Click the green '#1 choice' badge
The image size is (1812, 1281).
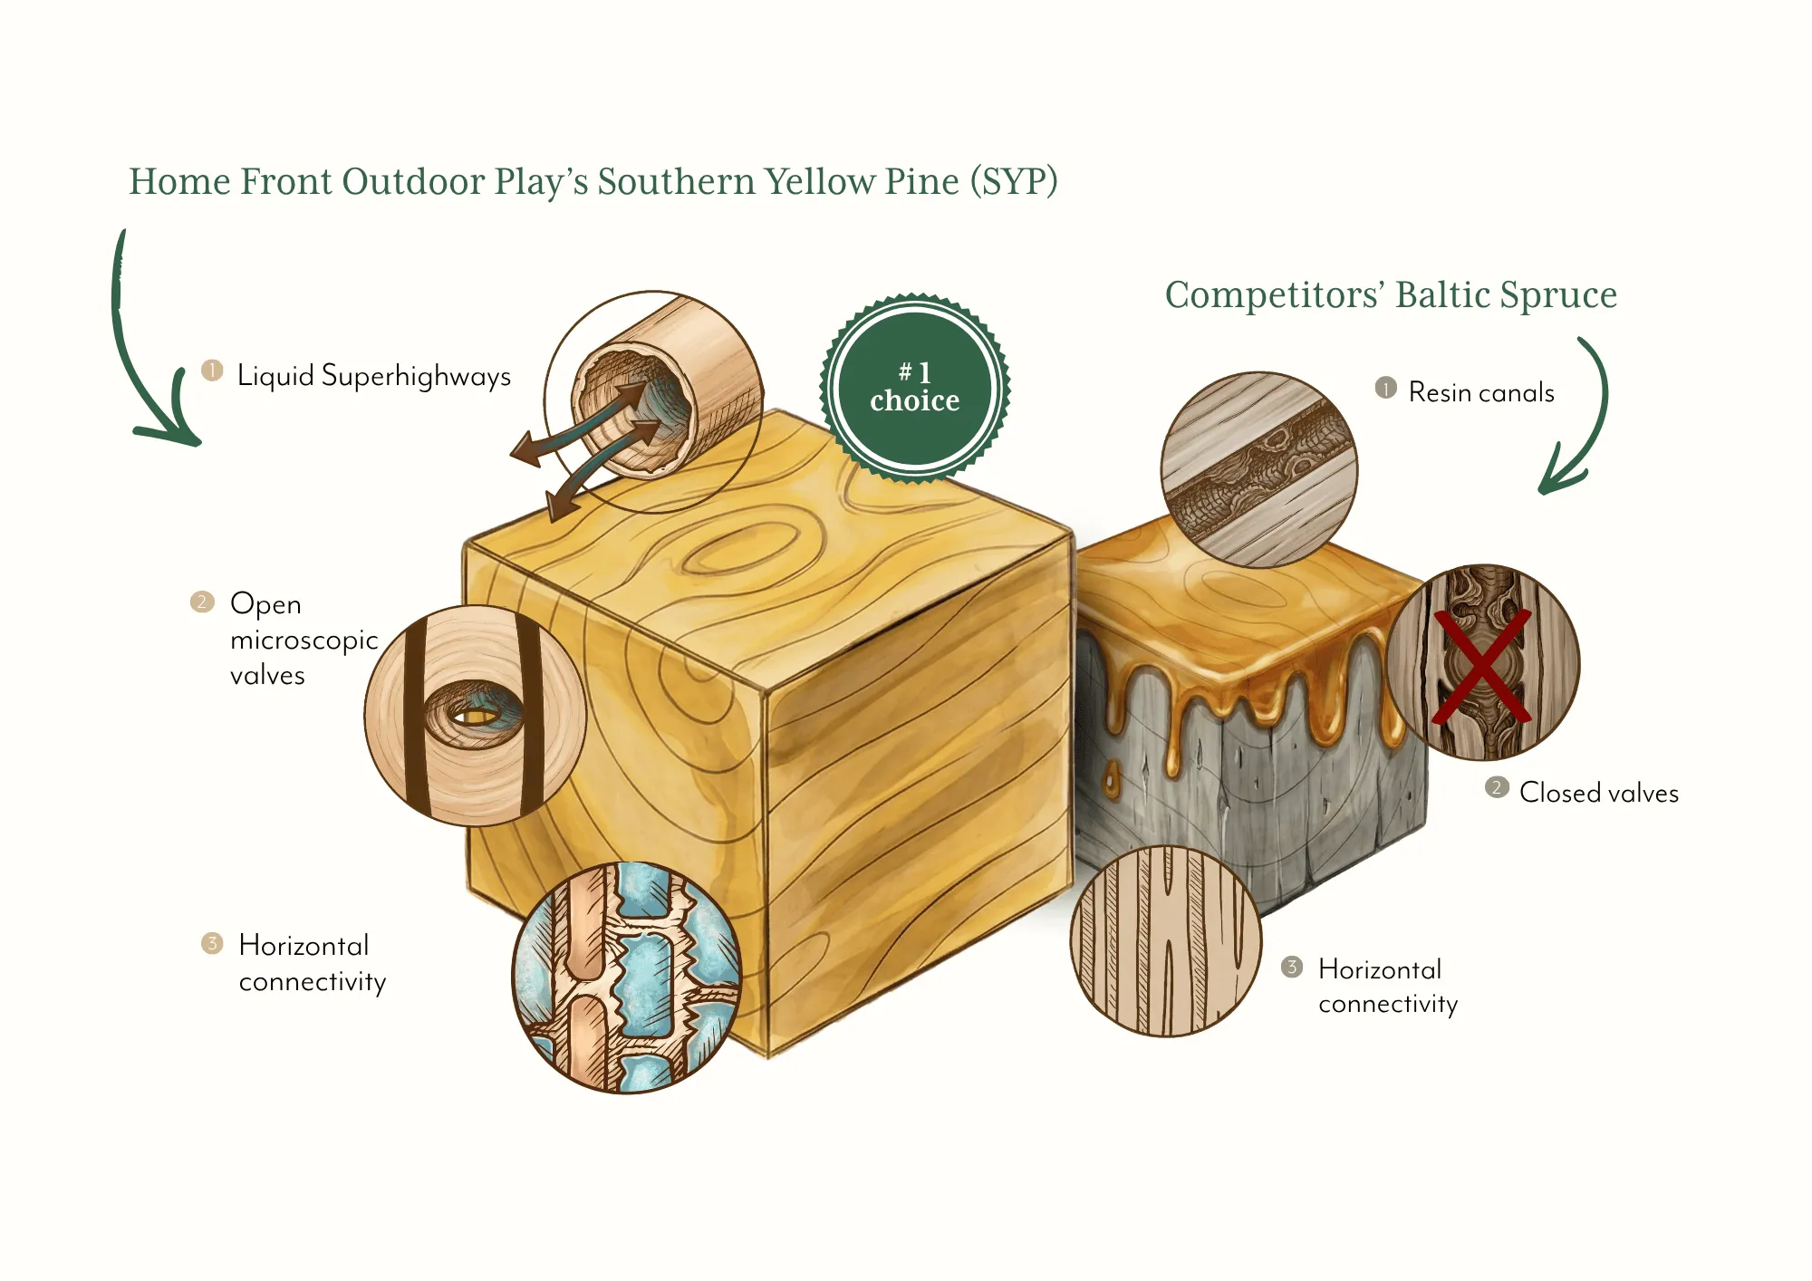[914, 388]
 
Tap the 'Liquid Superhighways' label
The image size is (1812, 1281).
[373, 376]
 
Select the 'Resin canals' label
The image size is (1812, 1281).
[1481, 392]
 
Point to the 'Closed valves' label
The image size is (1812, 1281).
[1598, 793]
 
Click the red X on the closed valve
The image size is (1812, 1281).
[1481, 666]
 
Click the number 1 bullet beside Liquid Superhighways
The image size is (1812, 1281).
[212, 371]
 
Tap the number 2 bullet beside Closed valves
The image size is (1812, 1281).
[1497, 787]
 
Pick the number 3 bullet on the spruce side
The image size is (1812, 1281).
[1292, 967]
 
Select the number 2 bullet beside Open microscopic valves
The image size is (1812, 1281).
[202, 602]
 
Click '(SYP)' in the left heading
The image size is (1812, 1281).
[1014, 182]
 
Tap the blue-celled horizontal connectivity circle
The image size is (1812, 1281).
[626, 977]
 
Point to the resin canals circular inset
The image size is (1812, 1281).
[1258, 469]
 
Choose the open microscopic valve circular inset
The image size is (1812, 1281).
[475, 715]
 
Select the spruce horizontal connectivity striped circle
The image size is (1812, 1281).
[1165, 940]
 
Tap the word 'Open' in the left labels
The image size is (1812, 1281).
[265, 604]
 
